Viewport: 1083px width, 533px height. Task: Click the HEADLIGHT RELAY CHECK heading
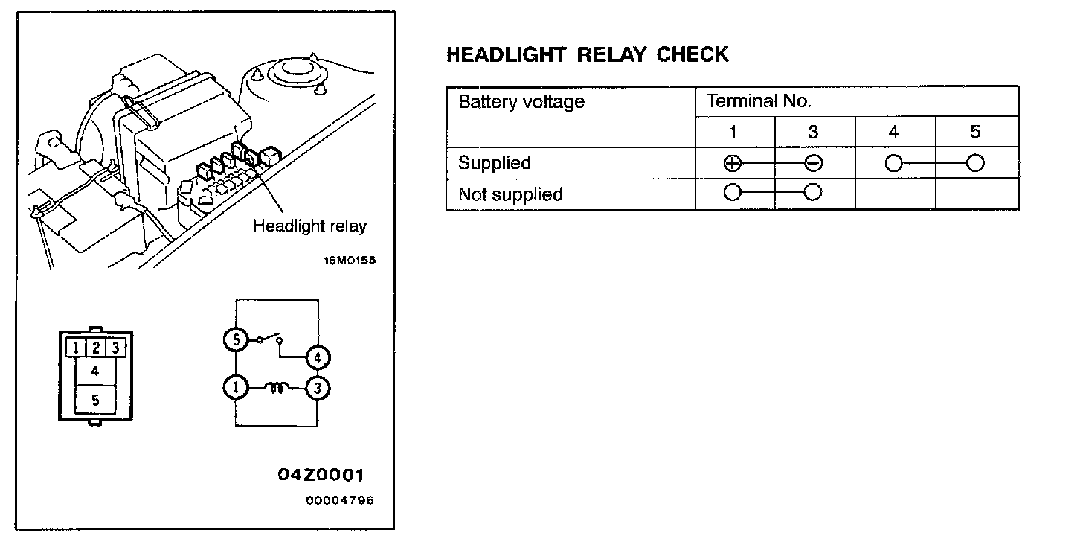tap(587, 54)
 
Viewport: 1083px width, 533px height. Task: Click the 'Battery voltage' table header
tap(521, 102)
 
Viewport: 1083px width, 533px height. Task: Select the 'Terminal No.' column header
tap(759, 101)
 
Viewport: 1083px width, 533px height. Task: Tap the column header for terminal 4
tap(893, 132)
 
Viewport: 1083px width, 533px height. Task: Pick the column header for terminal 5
tap(975, 132)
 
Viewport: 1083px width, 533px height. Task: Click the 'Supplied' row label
tap(494, 163)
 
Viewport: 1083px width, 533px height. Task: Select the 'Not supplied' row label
tap(510, 194)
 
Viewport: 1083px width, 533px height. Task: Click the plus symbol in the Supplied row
tap(733, 164)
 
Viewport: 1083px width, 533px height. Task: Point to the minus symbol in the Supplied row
tap(813, 164)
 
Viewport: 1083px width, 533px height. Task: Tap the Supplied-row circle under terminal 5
tap(975, 164)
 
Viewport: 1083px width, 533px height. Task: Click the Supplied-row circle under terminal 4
tap(893, 164)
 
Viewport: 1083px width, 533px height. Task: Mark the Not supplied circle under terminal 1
tap(733, 194)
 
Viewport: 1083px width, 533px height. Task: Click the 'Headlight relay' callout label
tap(309, 226)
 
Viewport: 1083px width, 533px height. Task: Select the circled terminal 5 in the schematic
tap(235, 340)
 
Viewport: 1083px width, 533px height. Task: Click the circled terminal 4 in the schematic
tap(318, 358)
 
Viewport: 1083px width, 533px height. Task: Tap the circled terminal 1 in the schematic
tap(235, 388)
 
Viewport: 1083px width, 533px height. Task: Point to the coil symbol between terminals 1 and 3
tap(277, 387)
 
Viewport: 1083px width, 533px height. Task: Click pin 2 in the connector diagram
tap(95, 347)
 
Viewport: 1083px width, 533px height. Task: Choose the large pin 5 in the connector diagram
tap(95, 400)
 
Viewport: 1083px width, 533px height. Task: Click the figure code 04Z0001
tap(321, 475)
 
